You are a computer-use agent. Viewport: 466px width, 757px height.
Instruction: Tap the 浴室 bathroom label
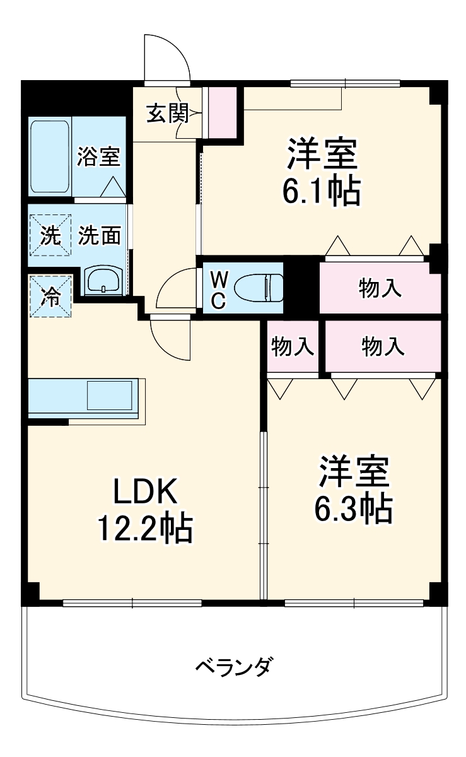[98, 156]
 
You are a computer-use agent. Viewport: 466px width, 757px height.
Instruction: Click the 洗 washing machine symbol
[50, 235]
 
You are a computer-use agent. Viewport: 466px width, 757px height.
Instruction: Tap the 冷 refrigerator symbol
[50, 296]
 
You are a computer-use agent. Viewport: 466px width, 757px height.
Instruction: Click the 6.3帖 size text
[353, 508]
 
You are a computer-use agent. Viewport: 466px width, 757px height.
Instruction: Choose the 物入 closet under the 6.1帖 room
[380, 288]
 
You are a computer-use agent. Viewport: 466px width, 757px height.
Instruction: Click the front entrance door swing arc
[167, 57]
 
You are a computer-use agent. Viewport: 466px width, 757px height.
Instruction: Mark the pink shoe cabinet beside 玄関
[222, 111]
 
